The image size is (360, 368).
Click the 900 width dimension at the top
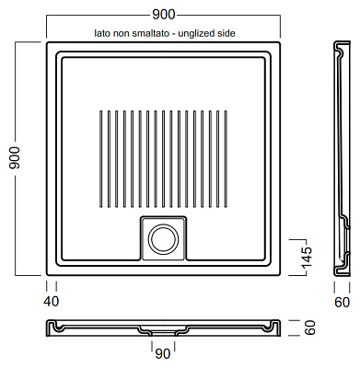pos(164,15)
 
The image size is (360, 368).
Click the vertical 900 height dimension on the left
pos(15,158)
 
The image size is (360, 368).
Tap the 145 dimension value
pos(306,257)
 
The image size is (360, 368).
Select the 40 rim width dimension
pos(51,302)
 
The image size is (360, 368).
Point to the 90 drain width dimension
pos(163,354)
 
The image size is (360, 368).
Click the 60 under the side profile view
pos(342,303)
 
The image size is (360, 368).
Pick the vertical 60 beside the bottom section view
pos(309,328)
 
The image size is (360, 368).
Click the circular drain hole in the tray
pos(163,239)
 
